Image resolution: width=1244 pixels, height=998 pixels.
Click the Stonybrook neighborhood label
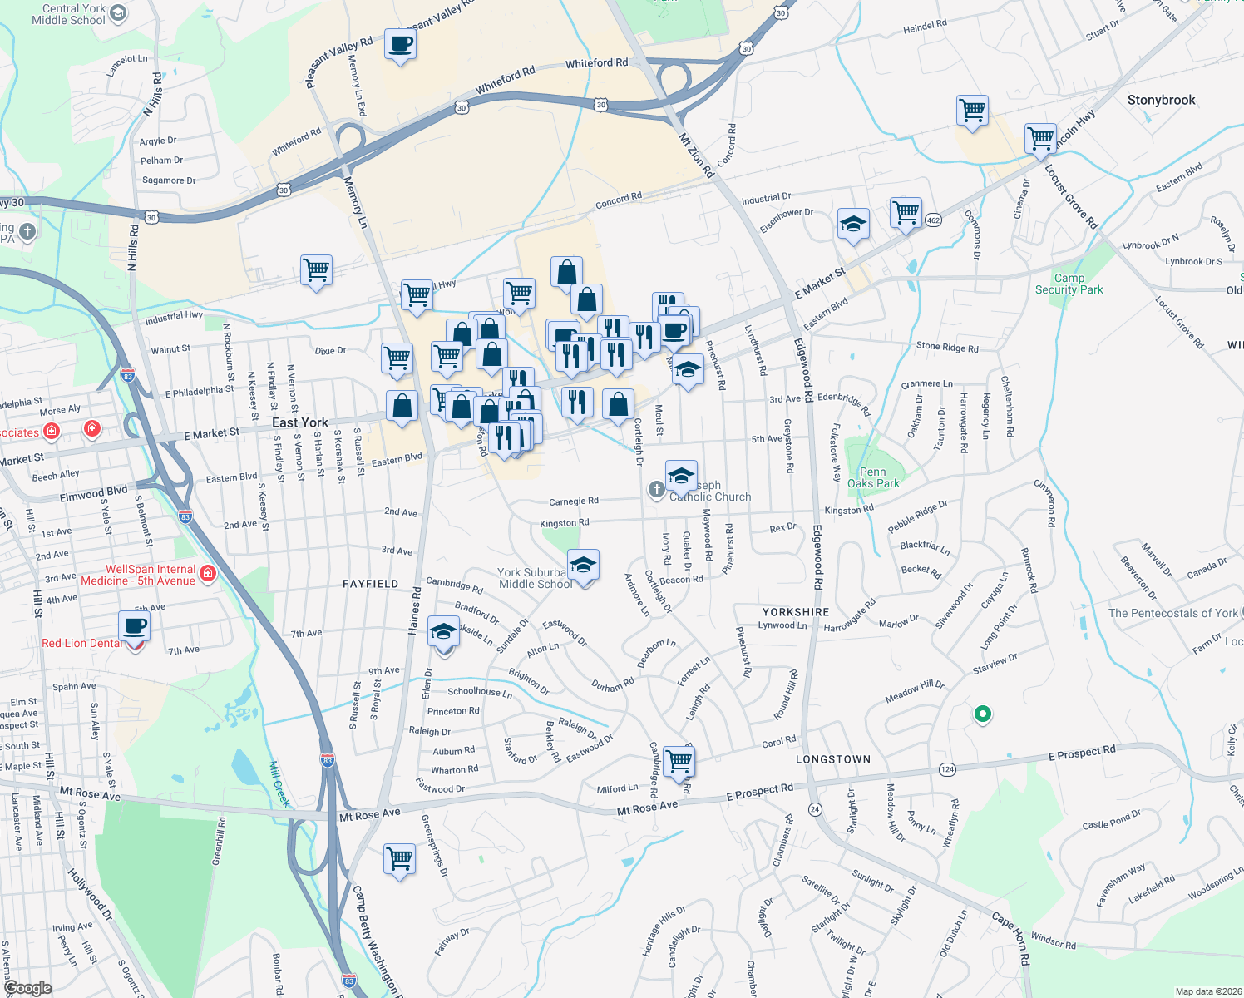[x=1161, y=100]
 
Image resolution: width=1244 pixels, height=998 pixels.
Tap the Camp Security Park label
[x=1069, y=284]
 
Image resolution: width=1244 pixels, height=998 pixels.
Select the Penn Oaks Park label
[x=873, y=477]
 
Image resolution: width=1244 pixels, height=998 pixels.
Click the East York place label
[x=300, y=422]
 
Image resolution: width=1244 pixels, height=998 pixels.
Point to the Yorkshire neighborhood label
[x=796, y=612]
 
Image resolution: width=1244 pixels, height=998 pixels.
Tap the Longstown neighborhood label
[x=833, y=759]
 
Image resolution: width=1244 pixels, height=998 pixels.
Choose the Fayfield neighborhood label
[x=370, y=584]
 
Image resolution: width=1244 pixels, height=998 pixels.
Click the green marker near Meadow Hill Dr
[x=982, y=714]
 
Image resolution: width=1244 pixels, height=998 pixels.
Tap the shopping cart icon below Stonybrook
[x=972, y=110]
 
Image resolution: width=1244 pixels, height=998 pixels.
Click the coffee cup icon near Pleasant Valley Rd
[x=400, y=44]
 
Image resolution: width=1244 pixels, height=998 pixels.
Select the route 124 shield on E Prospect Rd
[x=947, y=769]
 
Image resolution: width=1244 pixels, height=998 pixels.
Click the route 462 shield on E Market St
[x=933, y=220]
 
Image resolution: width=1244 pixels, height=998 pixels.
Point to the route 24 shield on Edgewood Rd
[x=815, y=809]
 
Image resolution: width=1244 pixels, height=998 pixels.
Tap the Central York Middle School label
[x=69, y=14]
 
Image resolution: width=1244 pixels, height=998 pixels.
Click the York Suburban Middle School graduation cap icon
[x=583, y=566]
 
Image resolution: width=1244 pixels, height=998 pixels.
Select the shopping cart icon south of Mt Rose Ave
[x=399, y=859]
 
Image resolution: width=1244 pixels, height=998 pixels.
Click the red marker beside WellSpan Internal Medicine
[x=208, y=573]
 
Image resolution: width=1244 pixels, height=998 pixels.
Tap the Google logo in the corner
[x=28, y=987]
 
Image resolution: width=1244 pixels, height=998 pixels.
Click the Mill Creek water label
[x=279, y=783]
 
